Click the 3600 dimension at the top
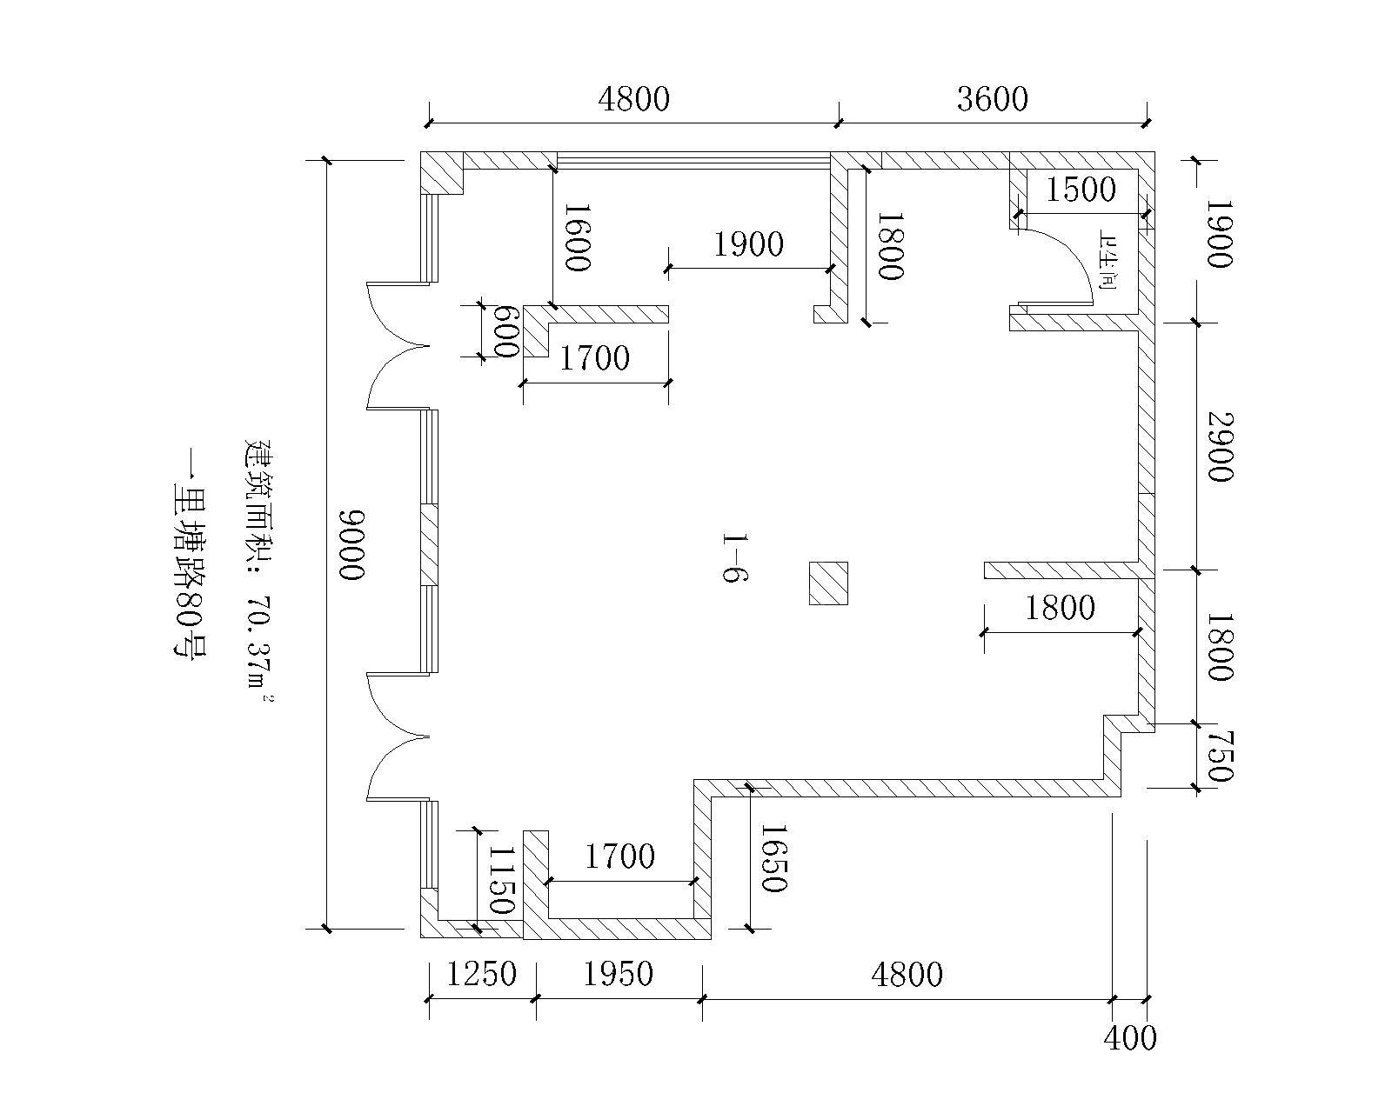(993, 100)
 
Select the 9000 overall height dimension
(352, 544)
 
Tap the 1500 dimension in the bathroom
(1081, 190)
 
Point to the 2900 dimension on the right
(1221, 446)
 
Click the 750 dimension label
(1221, 756)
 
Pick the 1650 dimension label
(773, 857)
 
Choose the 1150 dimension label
(501, 880)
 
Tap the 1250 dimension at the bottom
(482, 974)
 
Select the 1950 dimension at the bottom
(619, 974)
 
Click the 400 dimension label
(1130, 1038)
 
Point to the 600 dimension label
(506, 331)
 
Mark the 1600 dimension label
(578, 237)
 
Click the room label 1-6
(735, 557)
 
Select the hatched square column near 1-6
(828, 583)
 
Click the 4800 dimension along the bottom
(907, 975)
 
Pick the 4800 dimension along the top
(634, 100)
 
